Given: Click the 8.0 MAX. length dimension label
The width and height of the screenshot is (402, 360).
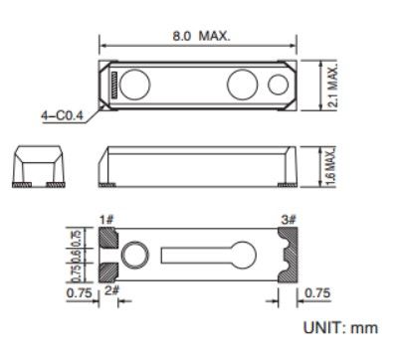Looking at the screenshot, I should click(x=200, y=36).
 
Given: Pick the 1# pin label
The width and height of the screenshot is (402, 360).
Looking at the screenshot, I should click(x=106, y=217).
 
